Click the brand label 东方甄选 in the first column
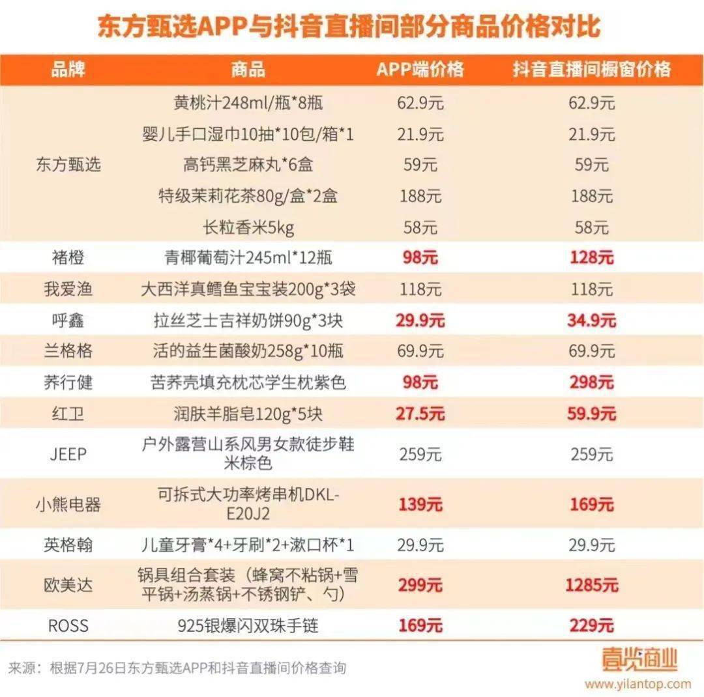pos(68,165)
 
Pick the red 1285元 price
pos(591,585)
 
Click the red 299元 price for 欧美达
pos(420,585)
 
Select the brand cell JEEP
pos(68,454)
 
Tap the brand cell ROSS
pos(68,626)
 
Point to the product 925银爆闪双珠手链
pos(248,626)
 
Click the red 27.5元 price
pos(420,414)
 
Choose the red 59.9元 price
pos(591,414)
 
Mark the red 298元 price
pos(591,382)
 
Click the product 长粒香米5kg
pos(248,228)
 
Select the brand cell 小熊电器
pos(68,504)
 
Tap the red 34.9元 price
pos(591,320)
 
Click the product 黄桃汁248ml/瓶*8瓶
pos(248,103)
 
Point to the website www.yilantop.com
pos(637,684)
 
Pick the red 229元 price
pos(591,626)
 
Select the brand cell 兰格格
pos(68,351)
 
